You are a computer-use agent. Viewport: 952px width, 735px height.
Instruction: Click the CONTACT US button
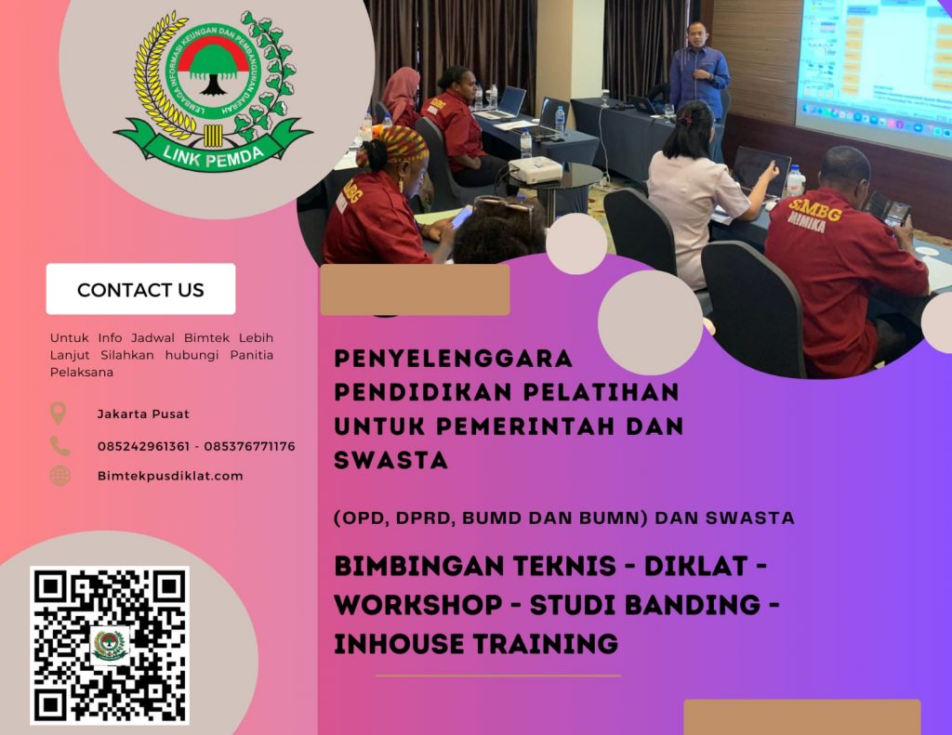coord(140,289)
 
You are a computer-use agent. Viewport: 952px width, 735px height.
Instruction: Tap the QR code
coord(109,644)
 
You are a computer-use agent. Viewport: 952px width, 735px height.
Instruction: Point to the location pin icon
coord(59,413)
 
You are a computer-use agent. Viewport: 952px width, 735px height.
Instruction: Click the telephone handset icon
coord(59,446)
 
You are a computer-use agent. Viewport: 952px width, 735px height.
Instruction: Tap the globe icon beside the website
coord(59,476)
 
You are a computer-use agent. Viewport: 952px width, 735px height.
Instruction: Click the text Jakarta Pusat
coord(143,414)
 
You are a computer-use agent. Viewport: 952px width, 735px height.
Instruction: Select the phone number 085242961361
coord(143,446)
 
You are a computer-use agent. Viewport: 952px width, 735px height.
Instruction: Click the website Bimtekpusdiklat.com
coord(170,476)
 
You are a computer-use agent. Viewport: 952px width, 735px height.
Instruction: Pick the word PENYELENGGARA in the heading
coord(454,358)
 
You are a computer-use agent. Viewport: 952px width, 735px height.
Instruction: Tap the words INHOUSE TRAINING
coord(476,642)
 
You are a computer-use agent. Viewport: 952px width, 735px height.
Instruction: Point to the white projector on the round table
coord(535,169)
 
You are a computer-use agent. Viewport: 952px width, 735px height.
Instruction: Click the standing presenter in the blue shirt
coord(698,79)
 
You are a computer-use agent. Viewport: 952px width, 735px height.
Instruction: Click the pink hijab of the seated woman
coord(402,89)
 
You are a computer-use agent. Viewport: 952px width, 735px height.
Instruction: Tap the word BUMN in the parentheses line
coord(612,518)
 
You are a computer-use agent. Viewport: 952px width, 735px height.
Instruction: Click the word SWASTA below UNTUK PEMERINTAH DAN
coord(391,460)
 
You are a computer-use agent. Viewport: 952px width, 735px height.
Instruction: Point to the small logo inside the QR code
coord(110,644)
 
